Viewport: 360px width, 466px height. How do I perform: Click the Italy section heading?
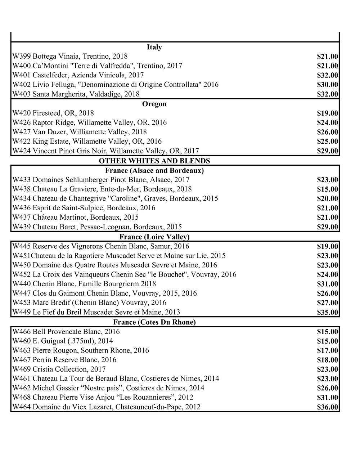tap(154, 47)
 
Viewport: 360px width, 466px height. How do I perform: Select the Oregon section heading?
tap(154, 104)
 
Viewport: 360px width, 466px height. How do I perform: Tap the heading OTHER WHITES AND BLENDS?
tap(154, 161)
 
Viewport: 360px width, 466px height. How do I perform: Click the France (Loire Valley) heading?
tap(154, 237)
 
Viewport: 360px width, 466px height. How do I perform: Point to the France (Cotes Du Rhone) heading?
tap(154, 322)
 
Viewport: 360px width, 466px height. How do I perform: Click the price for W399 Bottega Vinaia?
tap(327, 57)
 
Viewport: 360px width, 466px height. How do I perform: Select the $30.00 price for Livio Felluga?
tap(327, 85)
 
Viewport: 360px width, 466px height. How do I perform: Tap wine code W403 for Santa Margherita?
tap(22, 94)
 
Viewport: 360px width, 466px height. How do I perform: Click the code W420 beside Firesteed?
tap(22, 113)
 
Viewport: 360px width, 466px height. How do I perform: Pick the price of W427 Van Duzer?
tap(327, 132)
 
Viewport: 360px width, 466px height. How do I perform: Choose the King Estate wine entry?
tap(87, 141)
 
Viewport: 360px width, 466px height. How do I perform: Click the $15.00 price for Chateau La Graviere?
tap(327, 189)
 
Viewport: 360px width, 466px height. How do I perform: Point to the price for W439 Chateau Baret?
tap(327, 227)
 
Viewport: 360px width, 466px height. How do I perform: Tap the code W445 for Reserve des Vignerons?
tap(22, 246)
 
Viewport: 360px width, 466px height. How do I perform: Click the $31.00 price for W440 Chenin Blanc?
tap(327, 284)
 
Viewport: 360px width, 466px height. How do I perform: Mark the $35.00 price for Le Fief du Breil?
tap(327, 313)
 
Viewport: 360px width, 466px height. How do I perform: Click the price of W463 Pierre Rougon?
tap(327, 351)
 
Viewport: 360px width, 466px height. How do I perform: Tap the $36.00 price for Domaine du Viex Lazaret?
tap(327, 407)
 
